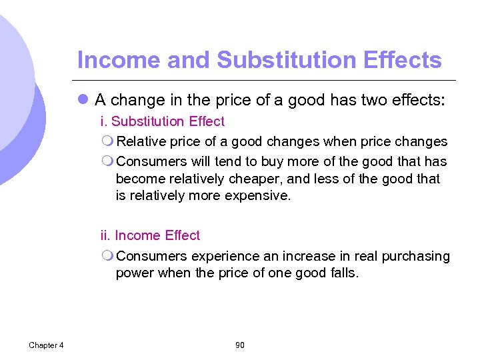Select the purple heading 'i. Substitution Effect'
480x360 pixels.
(x=162, y=121)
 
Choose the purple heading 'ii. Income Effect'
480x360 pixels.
(x=150, y=235)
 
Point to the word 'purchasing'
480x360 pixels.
(x=416, y=256)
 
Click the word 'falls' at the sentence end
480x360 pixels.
(x=343, y=273)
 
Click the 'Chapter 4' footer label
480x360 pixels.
(x=46, y=345)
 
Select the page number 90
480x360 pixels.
(x=240, y=345)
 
